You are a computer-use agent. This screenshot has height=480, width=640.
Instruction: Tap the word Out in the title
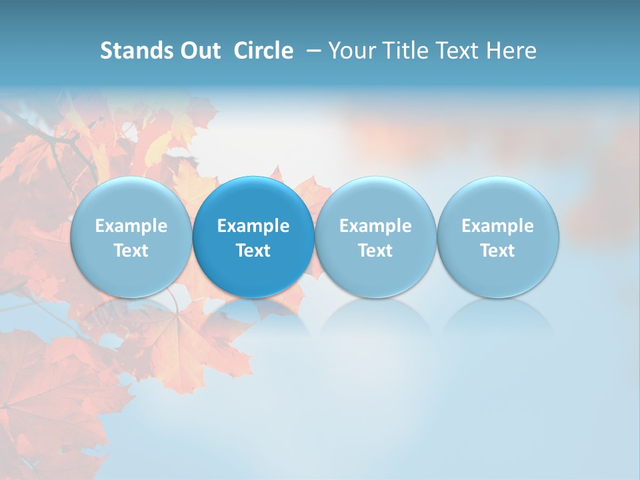[199, 51]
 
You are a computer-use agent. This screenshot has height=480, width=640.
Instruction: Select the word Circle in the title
[263, 51]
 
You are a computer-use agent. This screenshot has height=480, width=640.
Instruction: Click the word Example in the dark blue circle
[253, 226]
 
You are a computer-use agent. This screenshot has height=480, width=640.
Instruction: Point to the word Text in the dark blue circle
[253, 251]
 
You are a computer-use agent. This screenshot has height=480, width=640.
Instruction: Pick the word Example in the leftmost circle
[131, 226]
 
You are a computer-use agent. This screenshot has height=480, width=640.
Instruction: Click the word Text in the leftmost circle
[131, 251]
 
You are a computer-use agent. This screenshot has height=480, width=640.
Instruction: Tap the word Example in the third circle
[375, 226]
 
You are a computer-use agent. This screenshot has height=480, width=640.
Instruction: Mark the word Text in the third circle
[375, 251]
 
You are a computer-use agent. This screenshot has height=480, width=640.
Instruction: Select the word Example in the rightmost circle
[498, 226]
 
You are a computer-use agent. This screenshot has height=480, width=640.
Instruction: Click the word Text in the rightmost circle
[498, 251]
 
